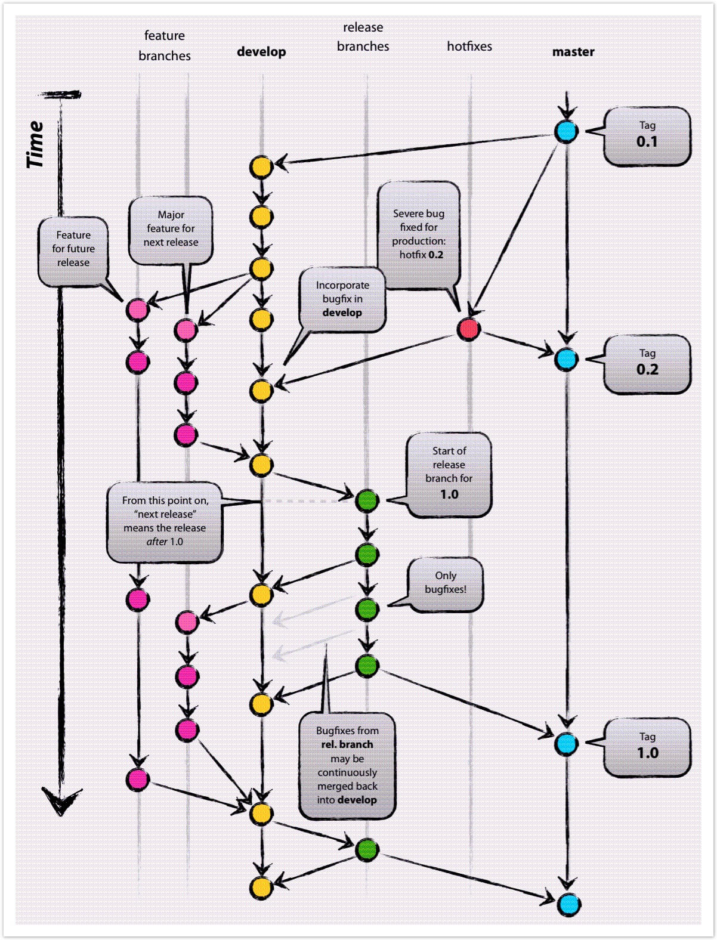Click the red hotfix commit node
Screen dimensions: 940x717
pos(469,329)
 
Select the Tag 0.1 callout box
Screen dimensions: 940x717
pos(647,137)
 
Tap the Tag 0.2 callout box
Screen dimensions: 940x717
pos(647,364)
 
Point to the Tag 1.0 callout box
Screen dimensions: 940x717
pos(647,747)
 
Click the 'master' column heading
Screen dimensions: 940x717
pos(573,52)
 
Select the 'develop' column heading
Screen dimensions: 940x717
pos(261,52)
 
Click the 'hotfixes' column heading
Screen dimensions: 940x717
pos(469,46)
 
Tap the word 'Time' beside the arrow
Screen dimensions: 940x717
pos(35,144)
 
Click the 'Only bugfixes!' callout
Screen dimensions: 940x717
pos(445,583)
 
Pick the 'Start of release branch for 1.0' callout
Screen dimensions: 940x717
pos(449,474)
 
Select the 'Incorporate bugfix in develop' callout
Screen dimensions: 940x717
pos(342,299)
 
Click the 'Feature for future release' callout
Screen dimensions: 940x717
pos(73,249)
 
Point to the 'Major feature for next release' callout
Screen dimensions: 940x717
pos(171,229)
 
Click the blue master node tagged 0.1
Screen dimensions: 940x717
pos(566,131)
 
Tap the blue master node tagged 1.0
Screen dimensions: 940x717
pos(566,743)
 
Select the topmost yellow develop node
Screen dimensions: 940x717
pos(261,167)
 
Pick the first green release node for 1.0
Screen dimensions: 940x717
pos(367,500)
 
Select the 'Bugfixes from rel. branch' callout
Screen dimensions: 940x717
pos(347,766)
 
